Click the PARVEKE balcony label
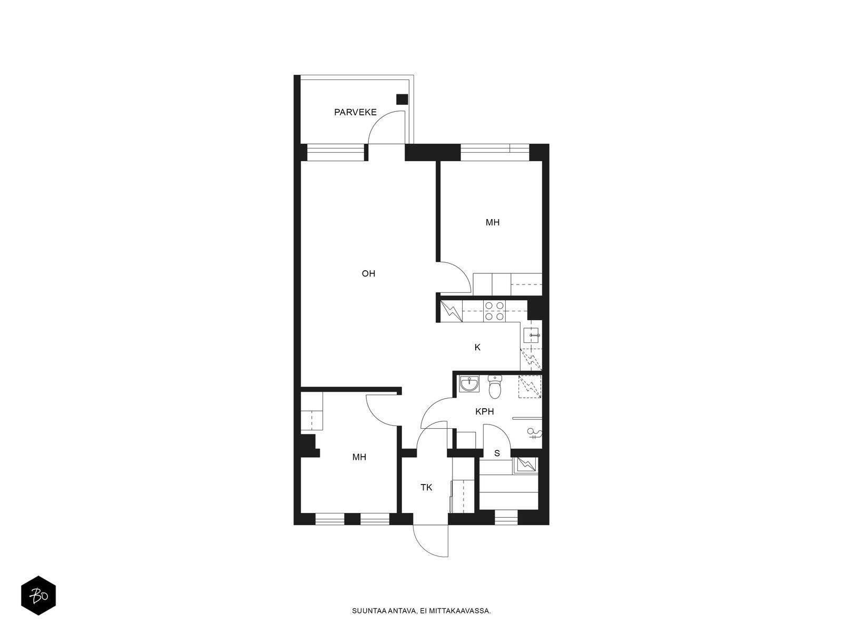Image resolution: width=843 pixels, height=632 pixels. [x=355, y=112]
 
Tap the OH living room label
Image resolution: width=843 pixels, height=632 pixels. [x=368, y=273]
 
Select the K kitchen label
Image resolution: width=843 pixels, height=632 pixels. [x=477, y=347]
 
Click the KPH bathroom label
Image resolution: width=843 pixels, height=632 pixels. [x=484, y=412]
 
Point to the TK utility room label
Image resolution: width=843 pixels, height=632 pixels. [x=426, y=488]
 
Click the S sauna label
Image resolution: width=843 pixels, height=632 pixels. [x=497, y=453]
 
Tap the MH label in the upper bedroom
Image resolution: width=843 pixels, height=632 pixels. [x=492, y=223]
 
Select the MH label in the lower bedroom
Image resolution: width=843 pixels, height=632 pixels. [x=359, y=457]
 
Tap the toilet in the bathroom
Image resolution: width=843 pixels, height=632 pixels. [x=495, y=387]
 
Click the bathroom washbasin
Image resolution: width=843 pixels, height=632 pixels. [x=469, y=384]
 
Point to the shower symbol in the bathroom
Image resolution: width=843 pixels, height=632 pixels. [x=534, y=433]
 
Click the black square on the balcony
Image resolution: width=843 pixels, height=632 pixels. [x=401, y=100]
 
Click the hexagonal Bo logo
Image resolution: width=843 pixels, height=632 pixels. [x=38, y=596]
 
